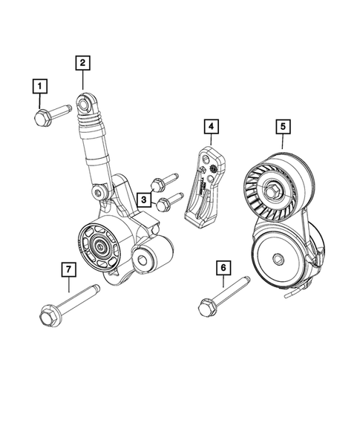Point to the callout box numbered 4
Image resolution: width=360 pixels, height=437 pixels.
coord(212,128)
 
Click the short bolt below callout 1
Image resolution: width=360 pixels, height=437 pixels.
coord(51,114)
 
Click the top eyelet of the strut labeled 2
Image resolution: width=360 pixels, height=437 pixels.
coord(88,100)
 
